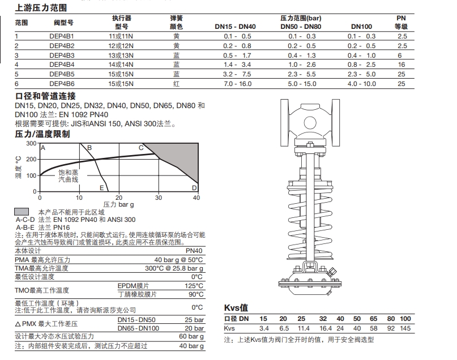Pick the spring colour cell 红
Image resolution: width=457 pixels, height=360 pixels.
(177, 84)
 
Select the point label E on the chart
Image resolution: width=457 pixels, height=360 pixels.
(101, 188)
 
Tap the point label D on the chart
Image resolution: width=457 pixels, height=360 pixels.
(194, 187)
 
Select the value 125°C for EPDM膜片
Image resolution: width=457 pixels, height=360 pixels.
(195, 286)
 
